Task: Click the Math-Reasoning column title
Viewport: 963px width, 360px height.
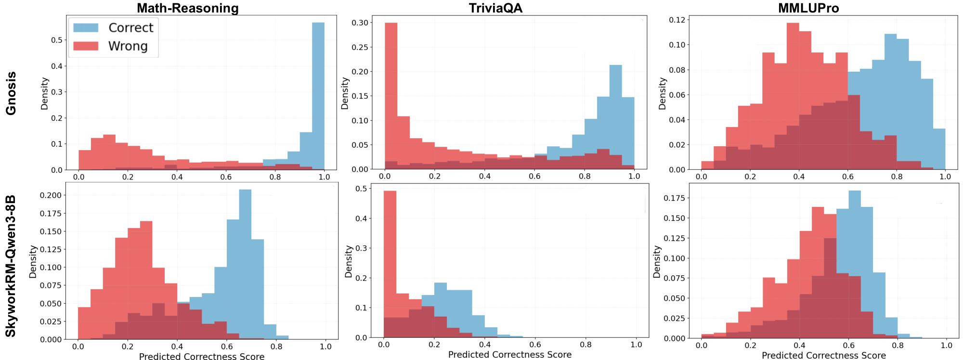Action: (x=187, y=8)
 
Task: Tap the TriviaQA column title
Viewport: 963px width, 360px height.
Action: (x=495, y=8)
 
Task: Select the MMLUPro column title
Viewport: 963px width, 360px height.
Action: (x=808, y=8)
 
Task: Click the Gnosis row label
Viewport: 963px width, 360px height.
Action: (x=11, y=93)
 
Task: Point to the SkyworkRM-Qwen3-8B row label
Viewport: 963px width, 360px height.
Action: (x=11, y=266)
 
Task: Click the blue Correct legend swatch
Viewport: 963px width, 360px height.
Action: (x=86, y=28)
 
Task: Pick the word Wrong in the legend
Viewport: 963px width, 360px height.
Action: (x=128, y=46)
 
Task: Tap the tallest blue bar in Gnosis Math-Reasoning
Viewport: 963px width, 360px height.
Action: (x=318, y=96)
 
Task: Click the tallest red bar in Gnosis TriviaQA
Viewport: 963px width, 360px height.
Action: (x=391, y=96)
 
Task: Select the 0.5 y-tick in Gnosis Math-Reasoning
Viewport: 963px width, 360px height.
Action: (x=57, y=40)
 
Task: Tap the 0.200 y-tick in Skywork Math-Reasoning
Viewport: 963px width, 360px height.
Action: (x=51, y=195)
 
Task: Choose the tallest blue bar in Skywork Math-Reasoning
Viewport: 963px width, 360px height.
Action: (x=245, y=265)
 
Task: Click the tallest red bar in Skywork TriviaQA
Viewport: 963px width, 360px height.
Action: (x=390, y=265)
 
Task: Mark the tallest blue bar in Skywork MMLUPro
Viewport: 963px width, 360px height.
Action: (x=854, y=265)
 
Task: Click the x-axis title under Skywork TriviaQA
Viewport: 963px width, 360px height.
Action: (x=509, y=355)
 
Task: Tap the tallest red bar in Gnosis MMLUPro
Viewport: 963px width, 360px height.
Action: (x=793, y=96)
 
